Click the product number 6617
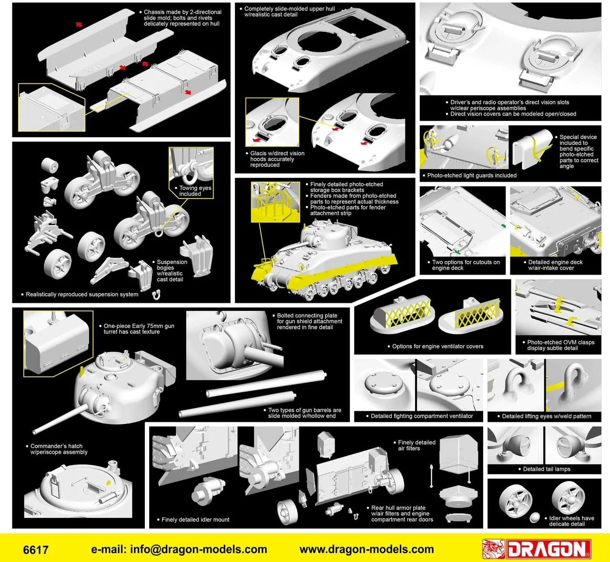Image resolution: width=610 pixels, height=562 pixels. [36, 550]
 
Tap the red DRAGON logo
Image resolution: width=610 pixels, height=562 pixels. [537, 549]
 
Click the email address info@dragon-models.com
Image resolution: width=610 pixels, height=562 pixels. [179, 549]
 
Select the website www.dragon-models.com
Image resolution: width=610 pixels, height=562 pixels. [366, 549]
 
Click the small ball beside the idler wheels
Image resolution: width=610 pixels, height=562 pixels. [534, 517]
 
